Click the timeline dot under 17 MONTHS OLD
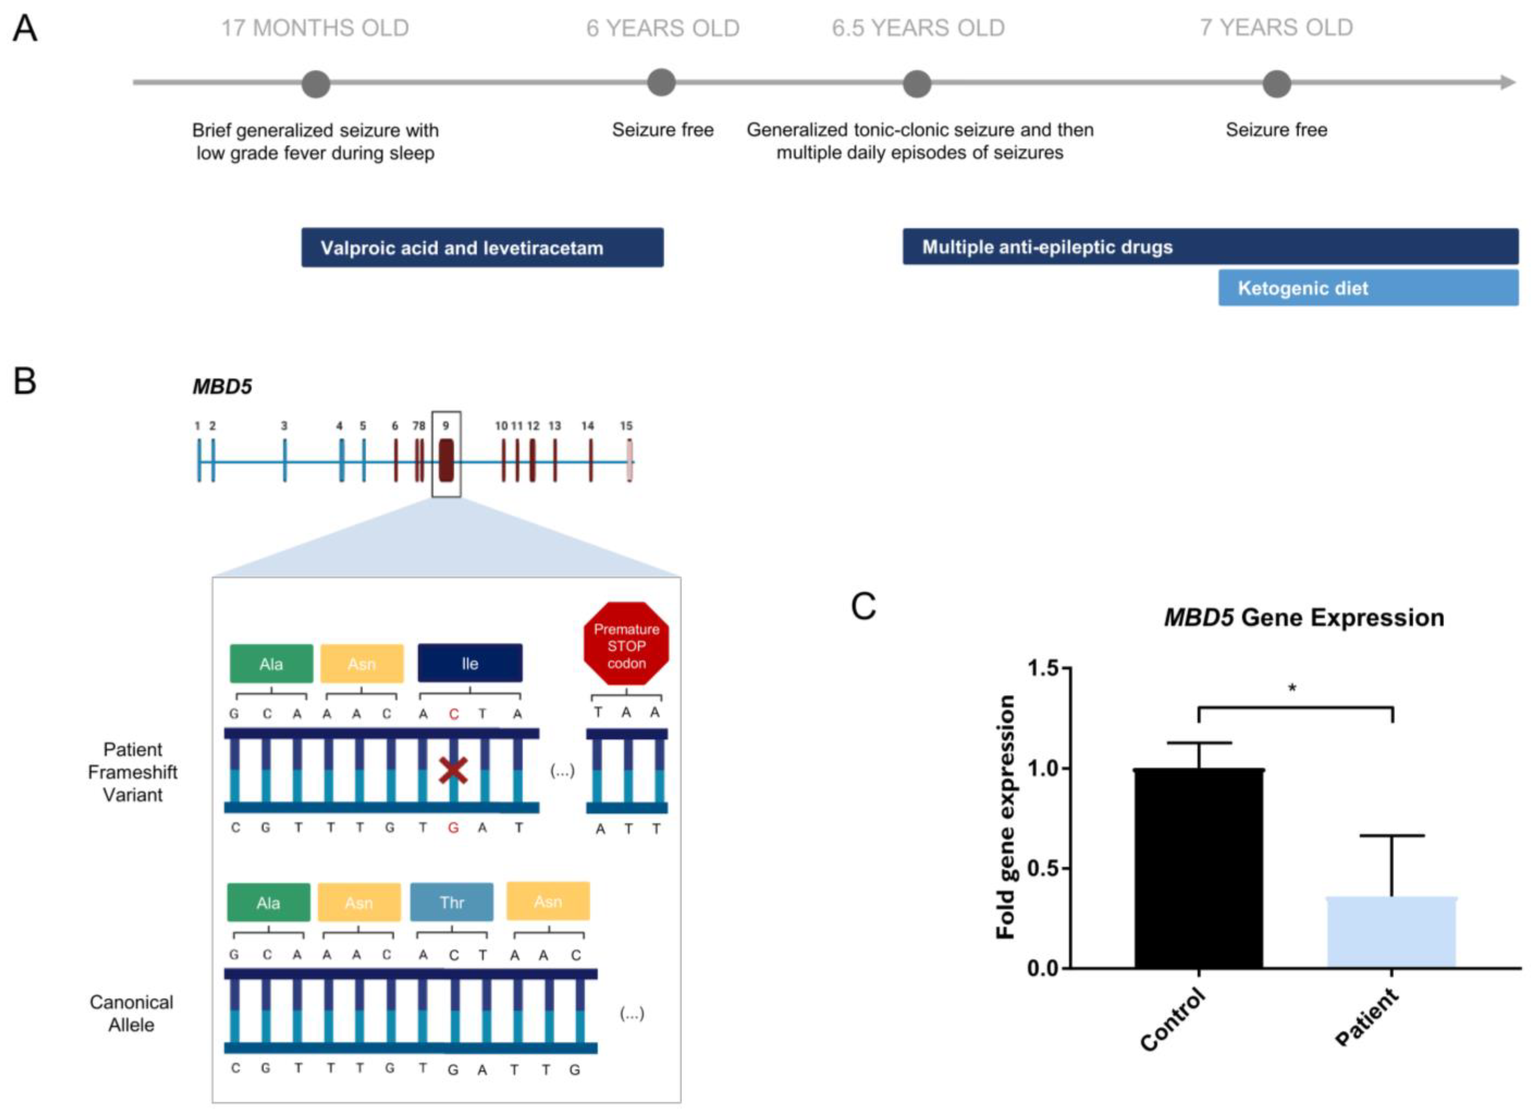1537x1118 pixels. (316, 84)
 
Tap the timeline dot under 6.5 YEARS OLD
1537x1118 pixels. (917, 84)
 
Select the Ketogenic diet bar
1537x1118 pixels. (1368, 288)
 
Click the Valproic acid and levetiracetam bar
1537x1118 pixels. (482, 248)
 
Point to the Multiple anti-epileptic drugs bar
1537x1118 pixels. (1210, 247)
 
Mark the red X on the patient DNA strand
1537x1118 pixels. (453, 771)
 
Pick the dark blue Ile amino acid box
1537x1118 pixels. (470, 663)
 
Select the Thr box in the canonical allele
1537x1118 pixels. (451, 902)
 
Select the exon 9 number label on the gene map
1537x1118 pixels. (446, 426)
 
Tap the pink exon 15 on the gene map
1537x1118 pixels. (630, 461)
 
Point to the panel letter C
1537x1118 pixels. (863, 606)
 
